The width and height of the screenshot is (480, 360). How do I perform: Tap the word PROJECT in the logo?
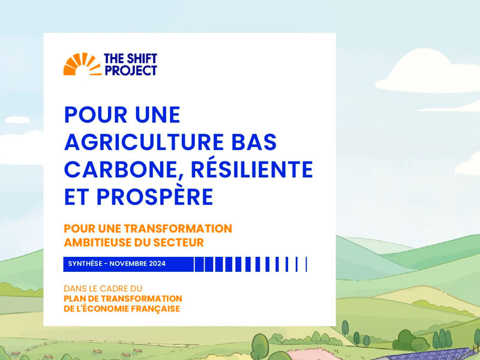click(131, 70)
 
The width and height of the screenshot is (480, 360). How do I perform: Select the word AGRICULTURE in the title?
click(144, 142)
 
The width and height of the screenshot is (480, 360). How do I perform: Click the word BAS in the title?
click(254, 142)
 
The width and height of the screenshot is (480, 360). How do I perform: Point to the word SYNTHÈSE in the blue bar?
click(85, 263)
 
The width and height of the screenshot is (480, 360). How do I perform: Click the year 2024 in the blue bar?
click(157, 263)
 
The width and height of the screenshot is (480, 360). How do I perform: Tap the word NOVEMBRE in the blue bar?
click(128, 263)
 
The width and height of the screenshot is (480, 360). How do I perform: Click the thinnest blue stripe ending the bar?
click(306, 264)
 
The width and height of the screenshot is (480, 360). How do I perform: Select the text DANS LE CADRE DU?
click(103, 289)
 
